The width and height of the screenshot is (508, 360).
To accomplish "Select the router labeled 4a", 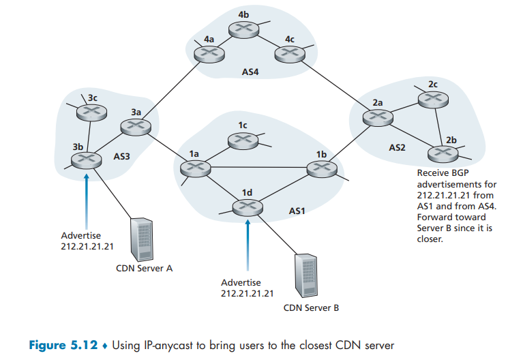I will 207,55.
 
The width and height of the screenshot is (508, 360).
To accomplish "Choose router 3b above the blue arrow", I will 86,160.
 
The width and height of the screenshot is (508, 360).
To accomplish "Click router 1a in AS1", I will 194,168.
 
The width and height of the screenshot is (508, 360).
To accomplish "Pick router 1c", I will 240,140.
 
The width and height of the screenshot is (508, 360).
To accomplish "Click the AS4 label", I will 251,71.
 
